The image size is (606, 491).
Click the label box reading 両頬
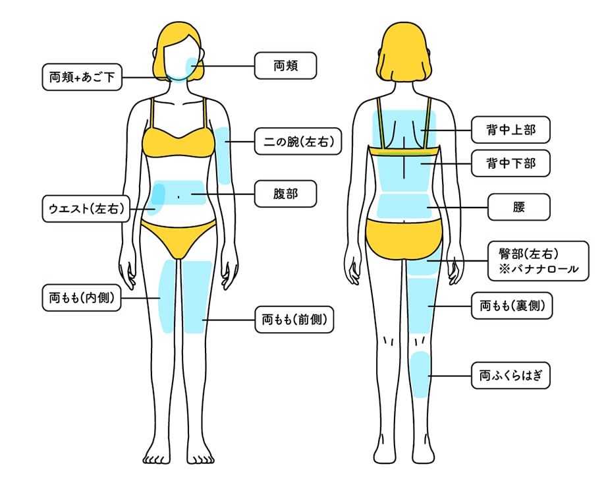tap(285, 66)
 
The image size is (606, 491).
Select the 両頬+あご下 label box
tap(82, 77)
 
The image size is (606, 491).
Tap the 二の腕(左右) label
tap(298, 142)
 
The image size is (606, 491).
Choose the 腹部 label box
tap(285, 194)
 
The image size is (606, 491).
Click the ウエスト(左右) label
tap(86, 209)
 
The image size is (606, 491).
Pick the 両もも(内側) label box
tap(82, 298)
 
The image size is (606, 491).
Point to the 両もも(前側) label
tap(294, 320)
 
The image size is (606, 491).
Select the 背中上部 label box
tap(510, 130)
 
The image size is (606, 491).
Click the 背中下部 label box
tap(510, 163)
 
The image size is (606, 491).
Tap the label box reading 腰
tap(518, 207)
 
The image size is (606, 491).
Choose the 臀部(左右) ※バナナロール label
tap(538, 261)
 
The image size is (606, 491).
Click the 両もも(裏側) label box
tap(512, 306)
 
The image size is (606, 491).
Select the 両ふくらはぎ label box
tap(510, 376)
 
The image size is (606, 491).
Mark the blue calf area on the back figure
tap(420, 374)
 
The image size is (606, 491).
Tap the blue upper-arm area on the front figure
tap(223, 156)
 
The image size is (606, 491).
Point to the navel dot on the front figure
tap(179, 197)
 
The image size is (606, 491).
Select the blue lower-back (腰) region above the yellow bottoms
tap(404, 206)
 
